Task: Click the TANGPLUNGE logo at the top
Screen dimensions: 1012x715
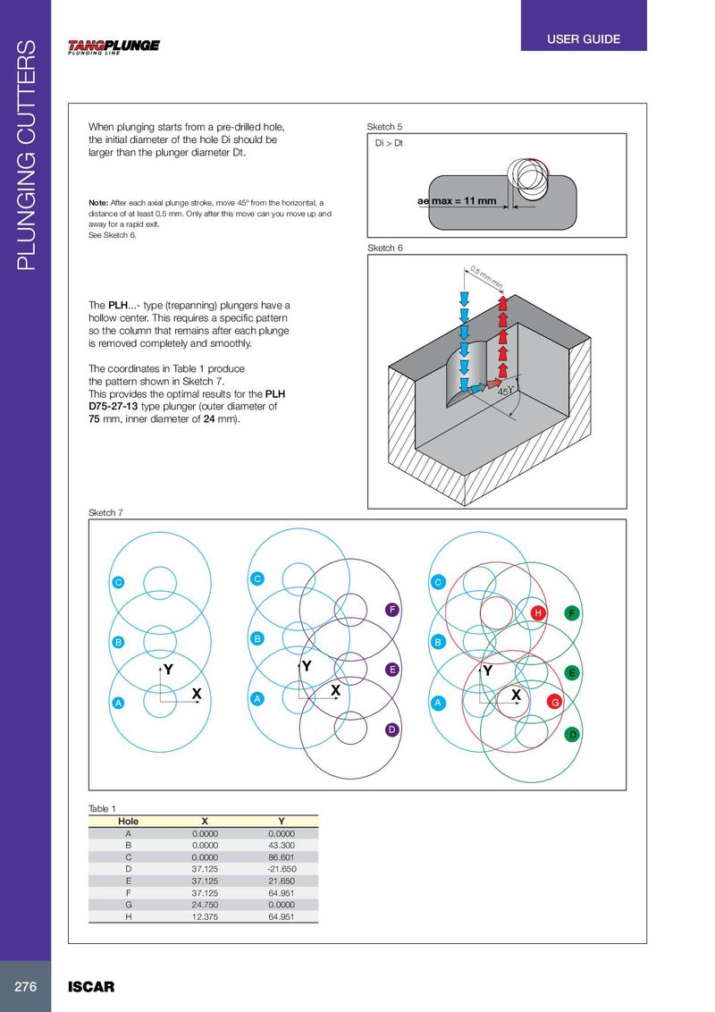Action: pyautogui.click(x=114, y=47)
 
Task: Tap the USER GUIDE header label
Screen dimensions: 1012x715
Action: pyautogui.click(x=583, y=39)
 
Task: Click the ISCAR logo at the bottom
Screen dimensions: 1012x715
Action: pyautogui.click(x=91, y=987)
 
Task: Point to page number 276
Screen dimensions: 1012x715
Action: pyautogui.click(x=25, y=987)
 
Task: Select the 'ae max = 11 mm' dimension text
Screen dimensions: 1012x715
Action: pyautogui.click(x=457, y=200)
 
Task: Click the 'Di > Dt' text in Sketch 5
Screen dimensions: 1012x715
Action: pyautogui.click(x=389, y=142)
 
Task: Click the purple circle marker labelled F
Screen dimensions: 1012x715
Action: pyautogui.click(x=391, y=609)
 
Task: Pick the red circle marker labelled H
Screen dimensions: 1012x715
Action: pyautogui.click(x=538, y=613)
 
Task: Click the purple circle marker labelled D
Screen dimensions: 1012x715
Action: pyautogui.click(x=391, y=729)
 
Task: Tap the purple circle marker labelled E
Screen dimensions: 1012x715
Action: pyautogui.click(x=391, y=669)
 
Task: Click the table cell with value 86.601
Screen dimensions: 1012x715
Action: pyautogui.click(x=282, y=856)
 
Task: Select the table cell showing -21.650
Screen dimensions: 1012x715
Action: pyautogui.click(x=282, y=868)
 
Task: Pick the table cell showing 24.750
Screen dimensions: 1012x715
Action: pyautogui.click(x=206, y=904)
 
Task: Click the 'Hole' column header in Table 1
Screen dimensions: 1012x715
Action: pyautogui.click(x=129, y=820)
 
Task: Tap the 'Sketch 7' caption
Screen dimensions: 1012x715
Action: pyautogui.click(x=105, y=512)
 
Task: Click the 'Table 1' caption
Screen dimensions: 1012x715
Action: pyautogui.click(x=102, y=808)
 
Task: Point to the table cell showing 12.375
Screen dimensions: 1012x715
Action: pyautogui.click(x=206, y=916)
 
